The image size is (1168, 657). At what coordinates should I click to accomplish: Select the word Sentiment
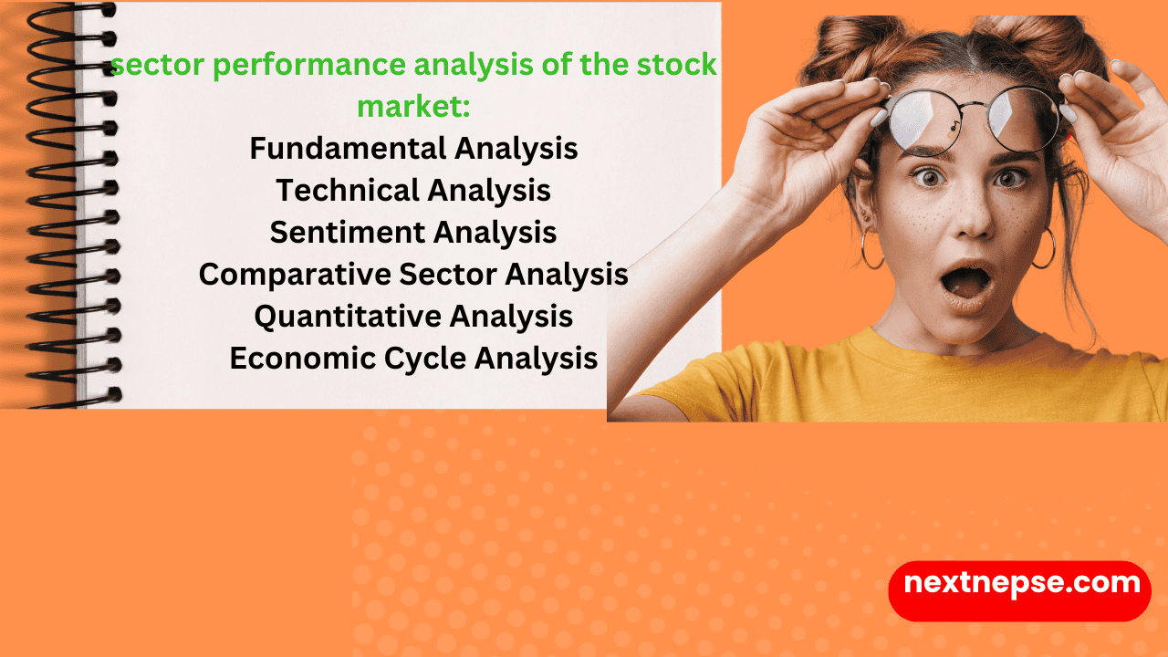coord(347,232)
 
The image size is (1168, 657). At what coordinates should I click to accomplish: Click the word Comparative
coord(287,274)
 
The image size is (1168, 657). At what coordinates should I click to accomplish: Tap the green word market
coord(413,106)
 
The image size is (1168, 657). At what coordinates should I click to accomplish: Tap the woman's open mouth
coord(967,284)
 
